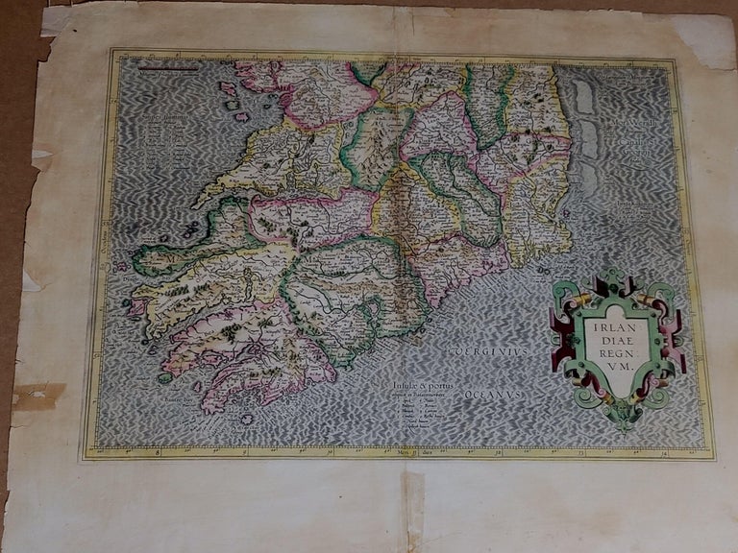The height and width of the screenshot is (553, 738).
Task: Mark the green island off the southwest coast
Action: pyautogui.click(x=164, y=377)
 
